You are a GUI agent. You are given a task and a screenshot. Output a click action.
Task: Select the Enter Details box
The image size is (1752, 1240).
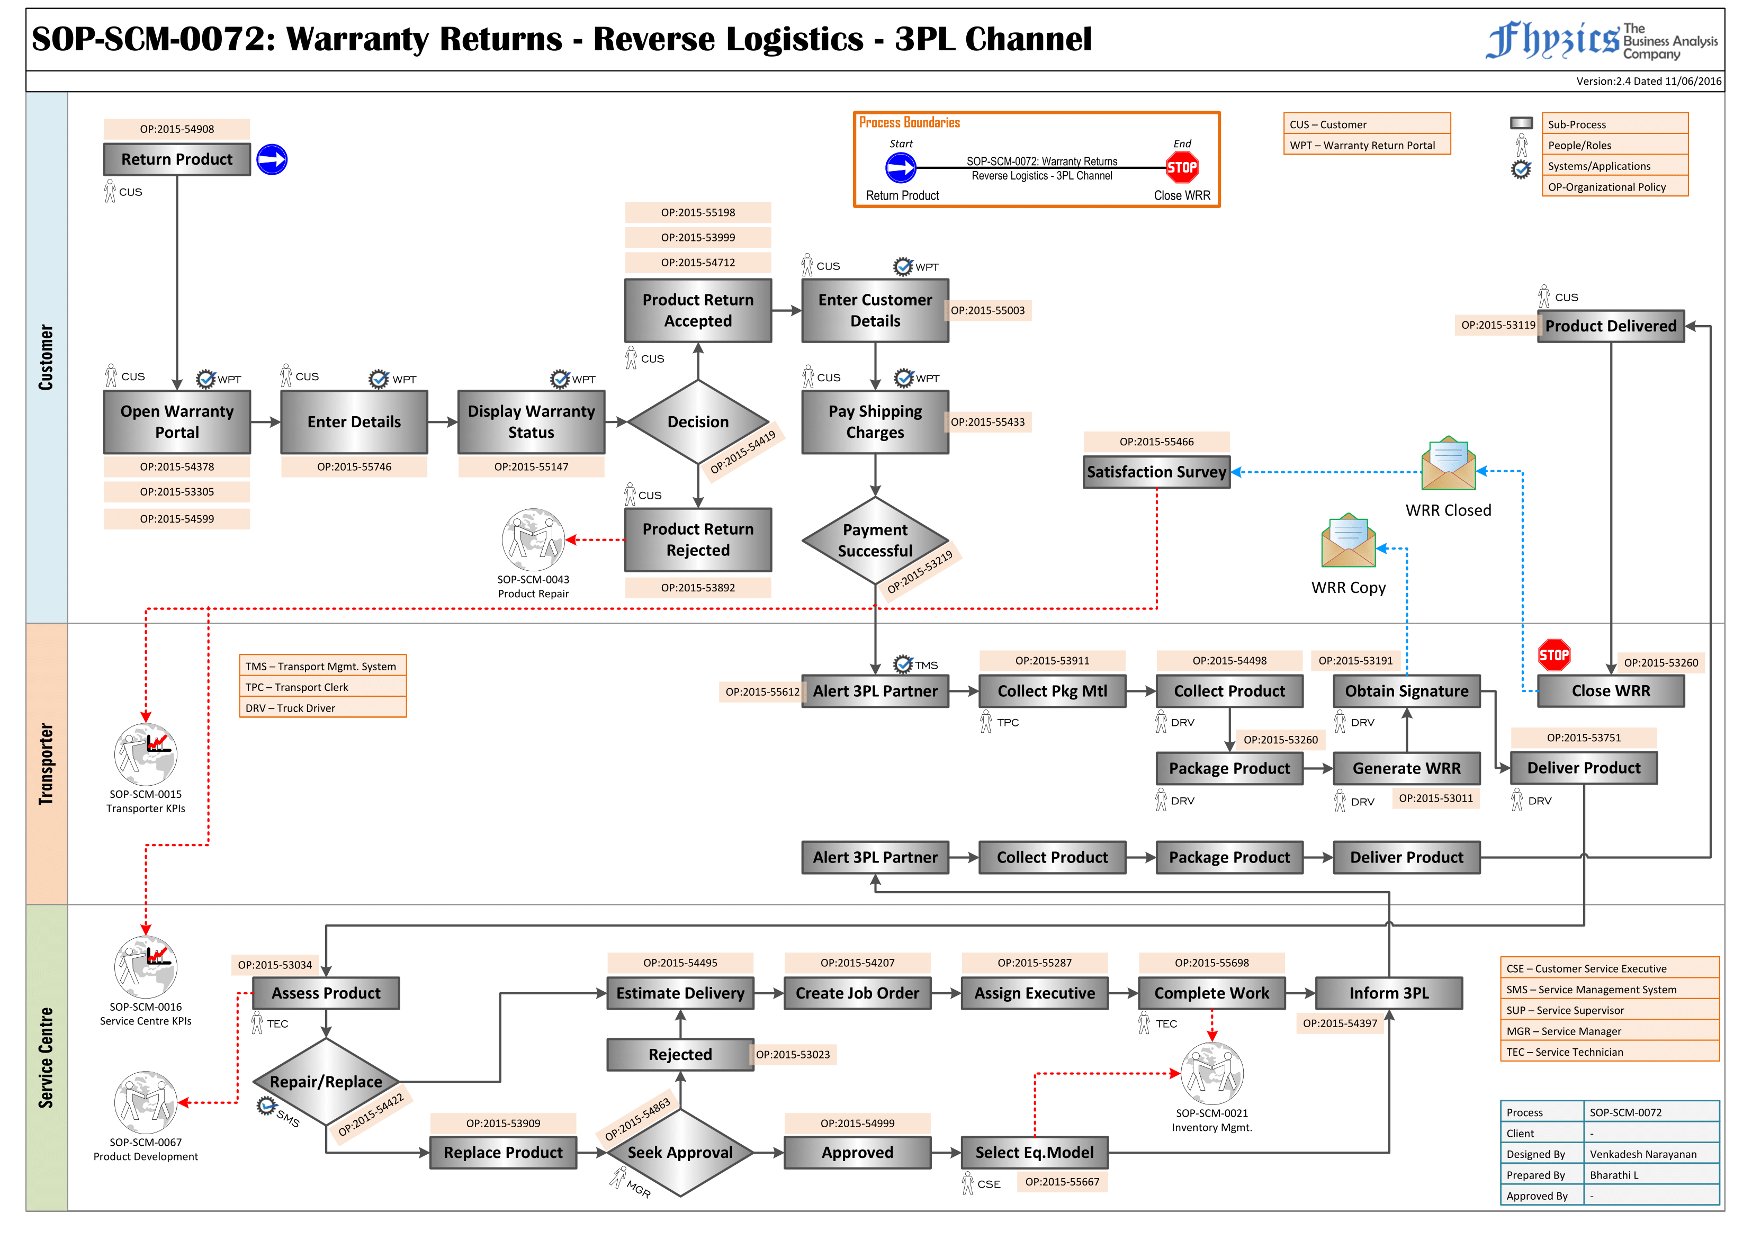click(x=354, y=421)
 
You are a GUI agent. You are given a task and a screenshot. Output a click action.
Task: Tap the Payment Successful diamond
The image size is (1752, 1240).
click(x=875, y=541)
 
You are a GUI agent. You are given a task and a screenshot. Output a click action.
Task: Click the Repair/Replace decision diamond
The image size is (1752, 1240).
click(x=326, y=1081)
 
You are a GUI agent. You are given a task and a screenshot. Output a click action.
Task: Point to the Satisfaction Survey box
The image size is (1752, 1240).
click(x=1156, y=472)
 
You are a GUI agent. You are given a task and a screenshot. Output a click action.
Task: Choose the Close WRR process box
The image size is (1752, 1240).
click(x=1610, y=691)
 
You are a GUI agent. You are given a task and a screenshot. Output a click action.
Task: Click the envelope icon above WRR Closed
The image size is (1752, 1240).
click(x=1448, y=464)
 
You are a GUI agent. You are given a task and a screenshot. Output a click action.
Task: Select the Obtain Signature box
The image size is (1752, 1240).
click(x=1406, y=691)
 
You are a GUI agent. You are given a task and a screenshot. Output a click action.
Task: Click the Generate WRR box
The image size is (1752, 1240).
click(x=1406, y=768)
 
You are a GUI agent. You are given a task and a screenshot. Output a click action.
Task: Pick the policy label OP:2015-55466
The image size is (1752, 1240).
click(x=1156, y=442)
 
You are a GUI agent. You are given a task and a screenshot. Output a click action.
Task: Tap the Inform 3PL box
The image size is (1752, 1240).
click(x=1389, y=993)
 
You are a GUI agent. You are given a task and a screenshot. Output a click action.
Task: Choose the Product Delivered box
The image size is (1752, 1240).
click(x=1610, y=326)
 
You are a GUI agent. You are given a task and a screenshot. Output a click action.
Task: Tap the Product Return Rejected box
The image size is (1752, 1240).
click(x=698, y=540)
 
